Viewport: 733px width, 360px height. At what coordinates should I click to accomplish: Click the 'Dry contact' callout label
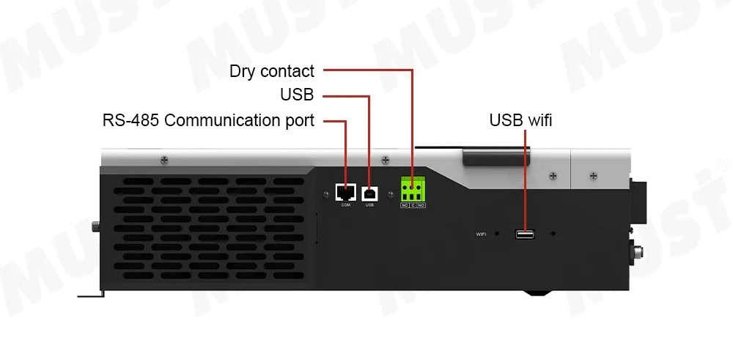[x=272, y=71]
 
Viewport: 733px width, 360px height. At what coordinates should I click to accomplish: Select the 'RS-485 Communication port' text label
[x=208, y=120]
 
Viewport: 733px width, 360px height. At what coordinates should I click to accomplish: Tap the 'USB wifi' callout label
[x=520, y=120]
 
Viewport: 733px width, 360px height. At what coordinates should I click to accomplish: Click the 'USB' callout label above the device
[x=297, y=95]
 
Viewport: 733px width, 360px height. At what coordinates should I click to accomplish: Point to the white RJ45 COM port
[x=346, y=192]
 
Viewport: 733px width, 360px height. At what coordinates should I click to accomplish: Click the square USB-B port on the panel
[x=370, y=192]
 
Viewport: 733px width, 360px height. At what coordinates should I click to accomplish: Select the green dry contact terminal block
[x=413, y=190]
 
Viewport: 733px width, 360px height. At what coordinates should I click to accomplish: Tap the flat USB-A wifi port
[x=525, y=234]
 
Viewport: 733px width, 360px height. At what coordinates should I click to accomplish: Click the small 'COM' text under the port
[x=346, y=205]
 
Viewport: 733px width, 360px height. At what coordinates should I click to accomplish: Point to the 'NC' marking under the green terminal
[x=405, y=205]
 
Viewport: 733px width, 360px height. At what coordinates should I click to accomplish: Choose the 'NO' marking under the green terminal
[x=422, y=205]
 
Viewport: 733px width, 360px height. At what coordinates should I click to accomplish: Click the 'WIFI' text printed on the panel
[x=482, y=235]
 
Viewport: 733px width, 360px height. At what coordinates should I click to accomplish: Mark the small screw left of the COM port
[x=325, y=194]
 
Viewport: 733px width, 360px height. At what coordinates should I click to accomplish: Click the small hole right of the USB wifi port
[x=553, y=234]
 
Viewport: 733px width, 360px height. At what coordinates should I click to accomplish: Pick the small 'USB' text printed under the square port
[x=370, y=205]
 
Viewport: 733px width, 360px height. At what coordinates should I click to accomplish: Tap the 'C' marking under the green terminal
[x=413, y=205]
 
